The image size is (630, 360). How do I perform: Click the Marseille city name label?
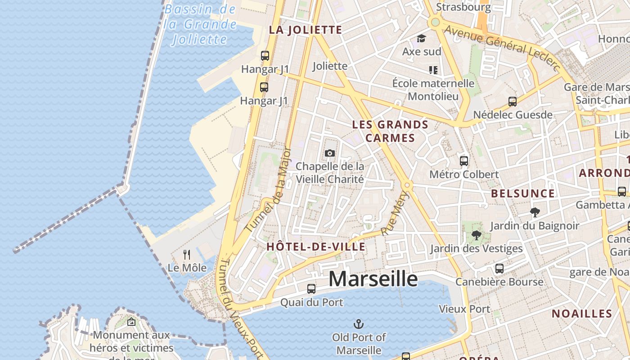pyautogui.click(x=373, y=279)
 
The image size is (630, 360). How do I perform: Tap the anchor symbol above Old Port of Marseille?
pyautogui.click(x=359, y=324)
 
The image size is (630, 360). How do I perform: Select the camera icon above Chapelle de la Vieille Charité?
pyautogui.click(x=330, y=153)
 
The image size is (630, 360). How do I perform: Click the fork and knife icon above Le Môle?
pyautogui.click(x=187, y=255)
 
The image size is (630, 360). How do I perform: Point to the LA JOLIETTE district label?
pyautogui.click(x=306, y=30)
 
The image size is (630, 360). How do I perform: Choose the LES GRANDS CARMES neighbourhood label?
pyautogui.click(x=390, y=131)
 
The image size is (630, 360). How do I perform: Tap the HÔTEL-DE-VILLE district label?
pyautogui.click(x=316, y=247)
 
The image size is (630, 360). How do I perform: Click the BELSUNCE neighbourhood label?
pyautogui.click(x=523, y=193)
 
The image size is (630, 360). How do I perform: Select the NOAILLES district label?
pyautogui.click(x=582, y=314)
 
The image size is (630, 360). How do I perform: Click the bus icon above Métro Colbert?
pyautogui.click(x=464, y=161)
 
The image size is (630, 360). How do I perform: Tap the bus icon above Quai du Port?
pyautogui.click(x=311, y=289)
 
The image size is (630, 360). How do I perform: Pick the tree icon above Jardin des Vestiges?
pyautogui.click(x=476, y=235)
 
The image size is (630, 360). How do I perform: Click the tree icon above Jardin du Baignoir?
pyautogui.click(x=535, y=212)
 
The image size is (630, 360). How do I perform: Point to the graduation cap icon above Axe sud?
pyautogui.click(x=421, y=39)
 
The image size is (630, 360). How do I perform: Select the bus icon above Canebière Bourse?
pyautogui.click(x=499, y=269)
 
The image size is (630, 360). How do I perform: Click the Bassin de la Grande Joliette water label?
pyautogui.click(x=200, y=24)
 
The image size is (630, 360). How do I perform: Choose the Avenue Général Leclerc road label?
pyautogui.click(x=502, y=47)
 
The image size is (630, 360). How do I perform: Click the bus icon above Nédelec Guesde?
pyautogui.click(x=512, y=102)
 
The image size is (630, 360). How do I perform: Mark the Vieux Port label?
pyautogui.click(x=464, y=309)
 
